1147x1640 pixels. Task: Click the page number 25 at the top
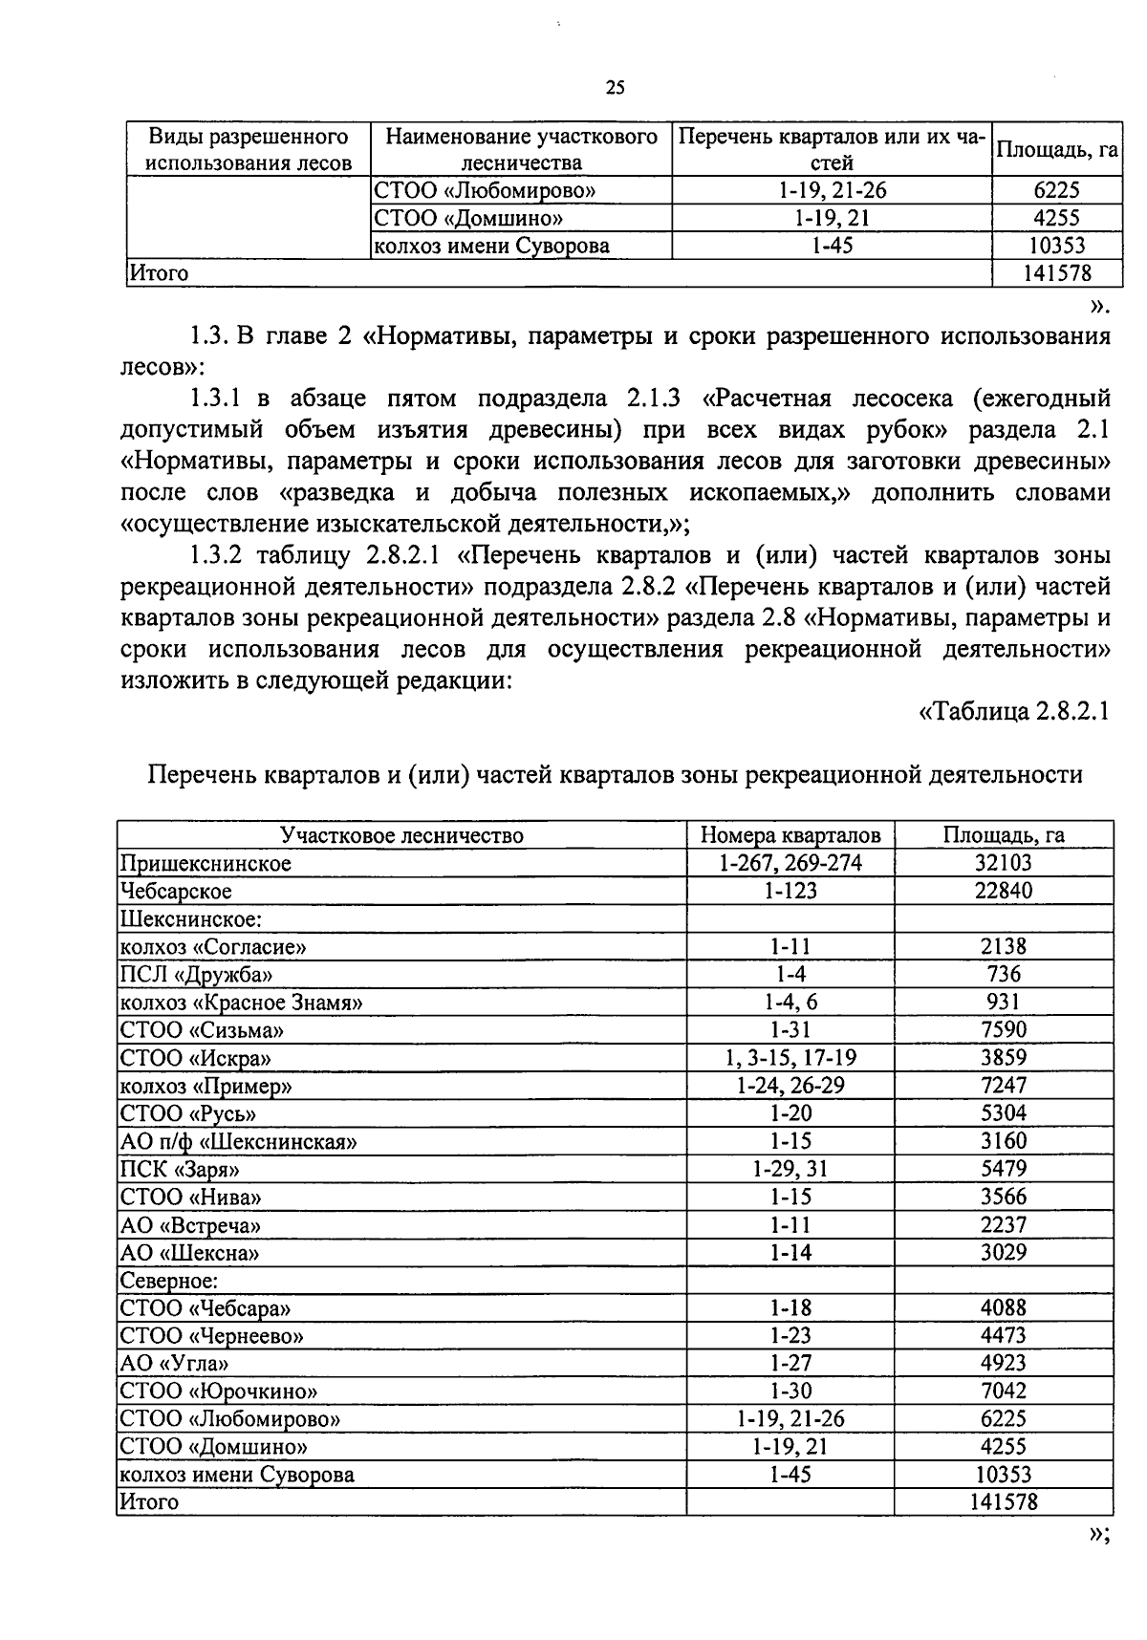[x=615, y=88]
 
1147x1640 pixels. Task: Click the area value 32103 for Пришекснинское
[x=1003, y=863]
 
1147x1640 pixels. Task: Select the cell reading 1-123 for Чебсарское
[x=790, y=891]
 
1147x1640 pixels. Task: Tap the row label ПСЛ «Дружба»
[x=196, y=975]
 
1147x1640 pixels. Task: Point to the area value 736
[x=1003, y=974]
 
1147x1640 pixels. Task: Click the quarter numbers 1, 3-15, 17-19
[x=790, y=1058]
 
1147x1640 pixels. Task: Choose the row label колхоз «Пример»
[x=206, y=1087]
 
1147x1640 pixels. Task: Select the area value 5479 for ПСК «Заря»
[x=1003, y=1169]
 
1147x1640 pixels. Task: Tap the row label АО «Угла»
[x=174, y=1364]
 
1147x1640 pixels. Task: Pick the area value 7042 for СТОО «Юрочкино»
[x=1003, y=1391]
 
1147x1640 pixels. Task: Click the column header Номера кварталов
[x=790, y=835]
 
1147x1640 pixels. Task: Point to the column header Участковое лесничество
[x=401, y=835]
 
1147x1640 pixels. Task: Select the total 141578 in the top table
[x=1056, y=273]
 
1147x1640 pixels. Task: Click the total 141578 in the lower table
[x=1003, y=1501]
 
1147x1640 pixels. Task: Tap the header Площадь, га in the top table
[x=1056, y=150]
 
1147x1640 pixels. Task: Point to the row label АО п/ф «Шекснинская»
[x=238, y=1141]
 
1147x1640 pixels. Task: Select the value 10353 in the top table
[x=1056, y=246]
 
